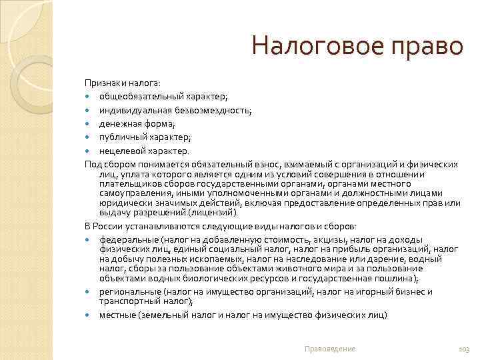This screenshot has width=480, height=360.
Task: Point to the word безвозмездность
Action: point(214,110)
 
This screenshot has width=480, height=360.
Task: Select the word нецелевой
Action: point(122,151)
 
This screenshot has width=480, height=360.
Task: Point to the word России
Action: point(109,227)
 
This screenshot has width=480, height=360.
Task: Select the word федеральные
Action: point(125,239)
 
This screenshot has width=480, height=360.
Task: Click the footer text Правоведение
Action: point(329,349)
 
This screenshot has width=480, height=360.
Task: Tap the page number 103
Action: point(464,349)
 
